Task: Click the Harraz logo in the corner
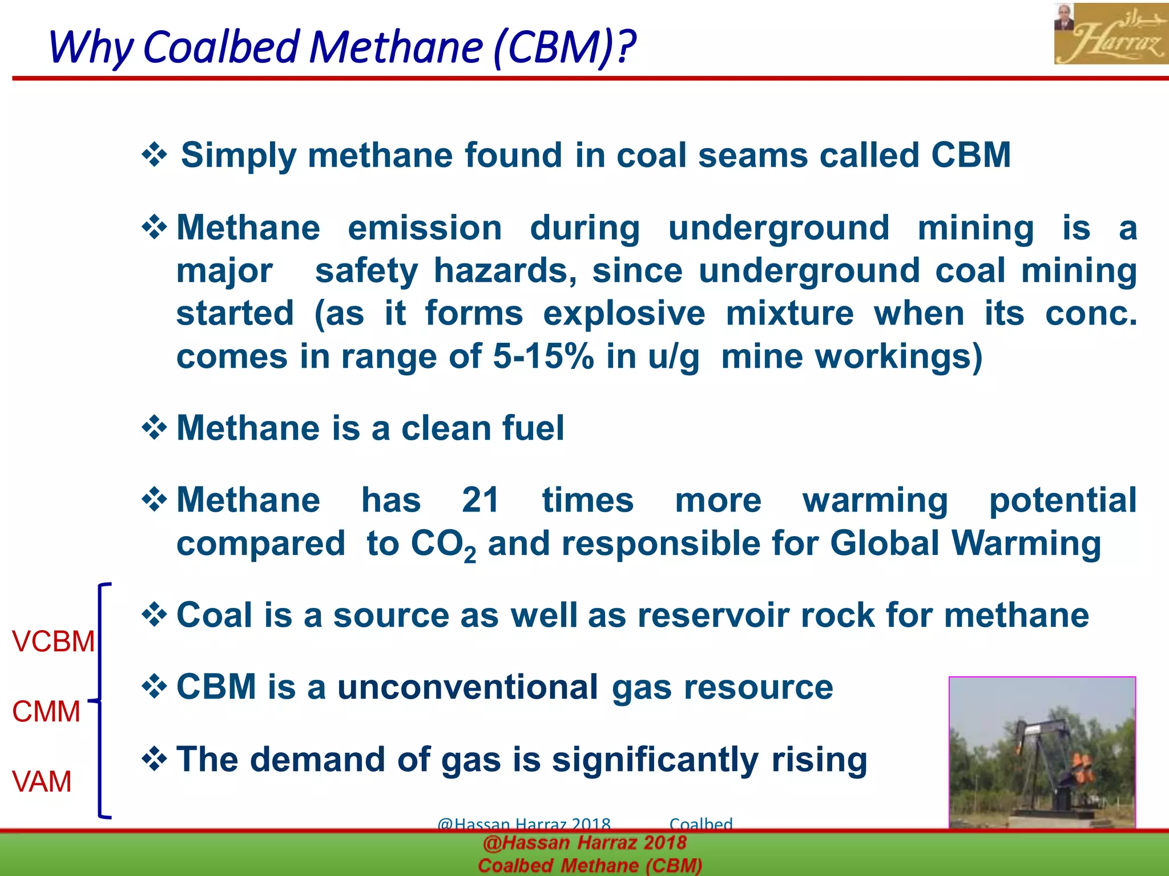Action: (1110, 34)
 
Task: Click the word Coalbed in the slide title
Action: (221, 47)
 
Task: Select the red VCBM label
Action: (53, 642)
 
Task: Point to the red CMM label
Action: (46, 712)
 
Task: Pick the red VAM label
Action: (42, 781)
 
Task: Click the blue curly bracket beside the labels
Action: (101, 700)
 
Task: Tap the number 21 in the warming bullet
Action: (481, 500)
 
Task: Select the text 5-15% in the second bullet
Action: (543, 356)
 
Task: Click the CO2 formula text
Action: (443, 545)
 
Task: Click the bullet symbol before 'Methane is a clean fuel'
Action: (154, 428)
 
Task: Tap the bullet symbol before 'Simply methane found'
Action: (154, 155)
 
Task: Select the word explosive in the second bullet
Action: (623, 314)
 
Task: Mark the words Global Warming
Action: (965, 543)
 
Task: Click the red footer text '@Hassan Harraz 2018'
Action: (584, 843)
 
